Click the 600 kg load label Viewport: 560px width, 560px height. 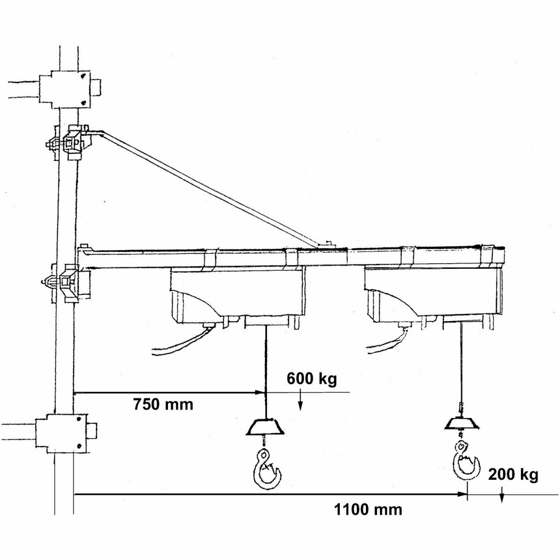[x=312, y=378]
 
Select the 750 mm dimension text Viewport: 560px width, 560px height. [x=163, y=404]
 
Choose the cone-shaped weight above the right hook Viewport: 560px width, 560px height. [x=462, y=424]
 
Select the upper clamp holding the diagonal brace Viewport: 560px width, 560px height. [x=69, y=143]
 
